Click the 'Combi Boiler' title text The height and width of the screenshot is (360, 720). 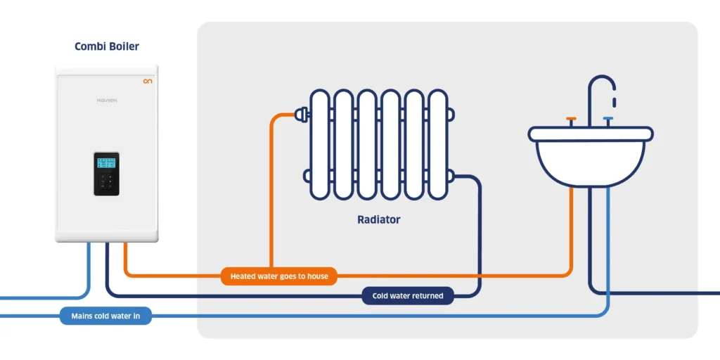pos(107,46)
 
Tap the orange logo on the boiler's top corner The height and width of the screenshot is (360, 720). pos(147,82)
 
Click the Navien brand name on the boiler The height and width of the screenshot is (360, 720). pos(107,101)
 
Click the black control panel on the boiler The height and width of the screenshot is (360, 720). pos(107,174)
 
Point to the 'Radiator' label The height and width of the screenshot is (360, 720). pos(378,219)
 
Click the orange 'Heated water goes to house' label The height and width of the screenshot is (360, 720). pos(278,276)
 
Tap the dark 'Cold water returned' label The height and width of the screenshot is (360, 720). pos(407,296)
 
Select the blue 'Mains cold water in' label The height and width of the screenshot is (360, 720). pos(105,316)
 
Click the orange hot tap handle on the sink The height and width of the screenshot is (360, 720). pos(571,120)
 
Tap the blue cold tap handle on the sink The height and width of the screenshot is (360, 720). pos(608,120)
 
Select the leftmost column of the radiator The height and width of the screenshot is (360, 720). pos(319,144)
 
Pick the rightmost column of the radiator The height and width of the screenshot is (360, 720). pos(438,144)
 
